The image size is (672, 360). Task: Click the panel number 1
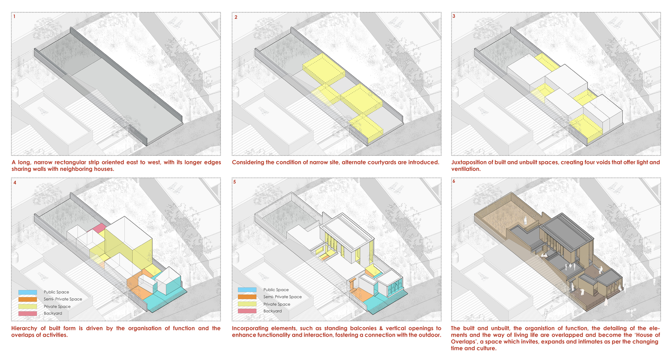14,17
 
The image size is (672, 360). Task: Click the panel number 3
454,17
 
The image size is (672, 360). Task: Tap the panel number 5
234,182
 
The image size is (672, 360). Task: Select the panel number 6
454,181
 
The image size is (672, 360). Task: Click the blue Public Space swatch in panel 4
28,292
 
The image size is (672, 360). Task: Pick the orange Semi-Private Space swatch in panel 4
28,299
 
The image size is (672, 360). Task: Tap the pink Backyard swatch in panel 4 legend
28,314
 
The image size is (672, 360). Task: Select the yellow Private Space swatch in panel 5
247,304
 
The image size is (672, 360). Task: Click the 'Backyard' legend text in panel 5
272,311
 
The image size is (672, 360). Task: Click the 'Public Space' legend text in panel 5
276,290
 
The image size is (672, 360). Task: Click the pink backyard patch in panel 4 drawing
99,228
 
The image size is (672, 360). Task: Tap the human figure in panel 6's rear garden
525,221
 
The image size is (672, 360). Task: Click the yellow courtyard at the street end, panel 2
366,128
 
